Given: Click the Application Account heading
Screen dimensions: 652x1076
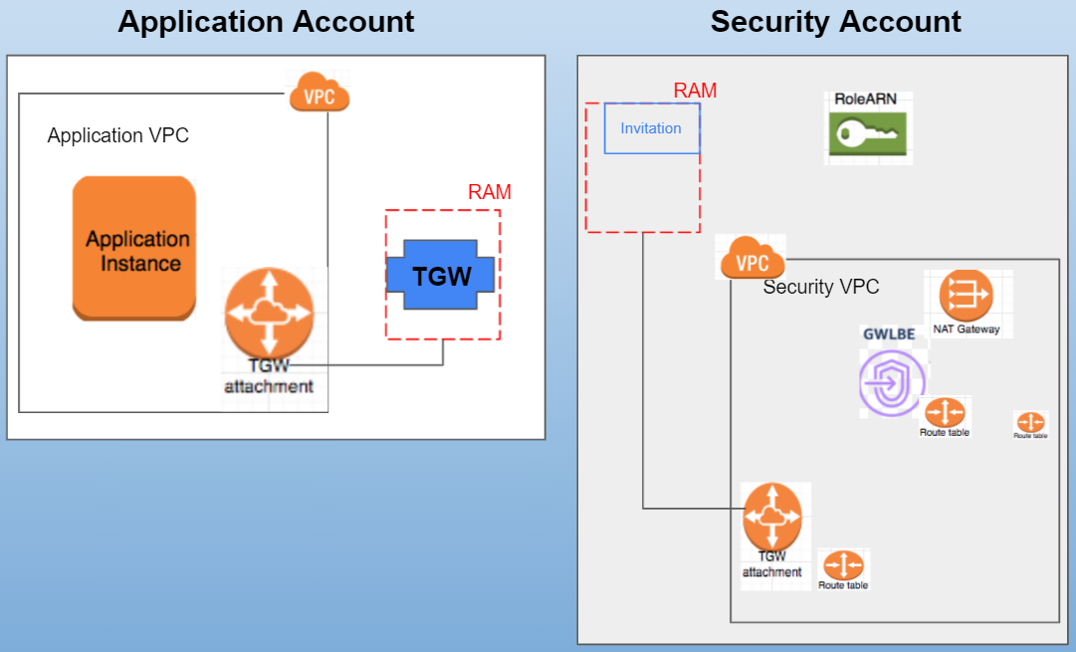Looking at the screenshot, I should click(266, 21).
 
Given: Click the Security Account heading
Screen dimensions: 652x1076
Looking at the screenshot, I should click(835, 21).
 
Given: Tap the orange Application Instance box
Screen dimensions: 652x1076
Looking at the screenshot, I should click(134, 248).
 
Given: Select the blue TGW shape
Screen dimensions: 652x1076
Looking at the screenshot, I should click(442, 275).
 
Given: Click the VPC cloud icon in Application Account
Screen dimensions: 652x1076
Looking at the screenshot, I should click(320, 96).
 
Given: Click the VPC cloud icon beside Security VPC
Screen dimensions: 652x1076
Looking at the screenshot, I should click(751, 260).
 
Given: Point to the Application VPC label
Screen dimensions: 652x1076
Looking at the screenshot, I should click(117, 135).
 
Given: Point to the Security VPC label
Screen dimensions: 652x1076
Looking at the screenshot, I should click(821, 287).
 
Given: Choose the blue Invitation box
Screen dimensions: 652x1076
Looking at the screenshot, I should click(652, 128).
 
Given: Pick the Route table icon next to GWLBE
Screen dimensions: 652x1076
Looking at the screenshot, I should click(945, 411).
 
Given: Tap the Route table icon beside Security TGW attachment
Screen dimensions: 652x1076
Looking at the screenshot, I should click(843, 565).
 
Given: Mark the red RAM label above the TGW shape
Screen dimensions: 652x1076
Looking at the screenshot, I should click(489, 192).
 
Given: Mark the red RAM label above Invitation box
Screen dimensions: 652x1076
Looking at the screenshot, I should click(695, 91).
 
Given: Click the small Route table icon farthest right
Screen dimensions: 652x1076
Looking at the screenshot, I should click(1030, 422).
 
